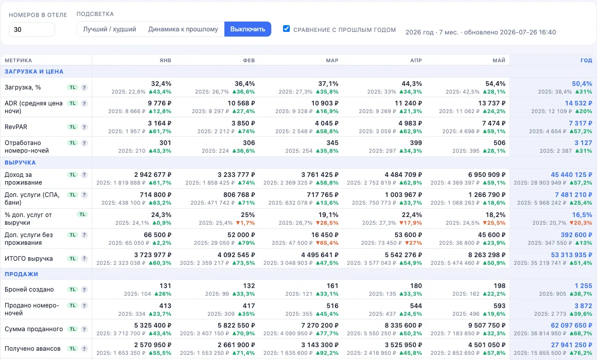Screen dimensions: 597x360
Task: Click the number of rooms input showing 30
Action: pos(31,30)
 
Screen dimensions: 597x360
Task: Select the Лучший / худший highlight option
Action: pos(110,29)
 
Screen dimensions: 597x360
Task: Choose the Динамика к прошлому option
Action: pos(183,29)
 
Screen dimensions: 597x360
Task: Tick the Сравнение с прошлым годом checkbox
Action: pos(286,28)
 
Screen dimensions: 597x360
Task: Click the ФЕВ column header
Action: pos(249,60)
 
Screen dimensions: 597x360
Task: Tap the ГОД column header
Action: pos(586,60)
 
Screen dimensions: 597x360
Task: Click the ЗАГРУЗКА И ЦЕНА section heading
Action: pos(34,71)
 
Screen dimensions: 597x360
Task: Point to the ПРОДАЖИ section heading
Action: pos(21,274)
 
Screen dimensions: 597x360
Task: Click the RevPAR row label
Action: pos(16,127)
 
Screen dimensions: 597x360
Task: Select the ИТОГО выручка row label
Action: pos(28,259)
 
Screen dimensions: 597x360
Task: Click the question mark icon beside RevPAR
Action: pos(84,127)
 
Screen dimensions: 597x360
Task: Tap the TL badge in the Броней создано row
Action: pos(73,290)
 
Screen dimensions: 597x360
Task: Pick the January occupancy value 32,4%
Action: pos(161,84)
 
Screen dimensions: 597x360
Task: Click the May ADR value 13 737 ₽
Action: pos(492,103)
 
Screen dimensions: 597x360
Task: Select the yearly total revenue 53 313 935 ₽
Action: pos(571,255)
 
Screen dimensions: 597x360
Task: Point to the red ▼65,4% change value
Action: pos(327,243)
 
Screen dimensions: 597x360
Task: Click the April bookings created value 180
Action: pos(416,286)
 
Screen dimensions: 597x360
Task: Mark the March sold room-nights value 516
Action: pos(332,306)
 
